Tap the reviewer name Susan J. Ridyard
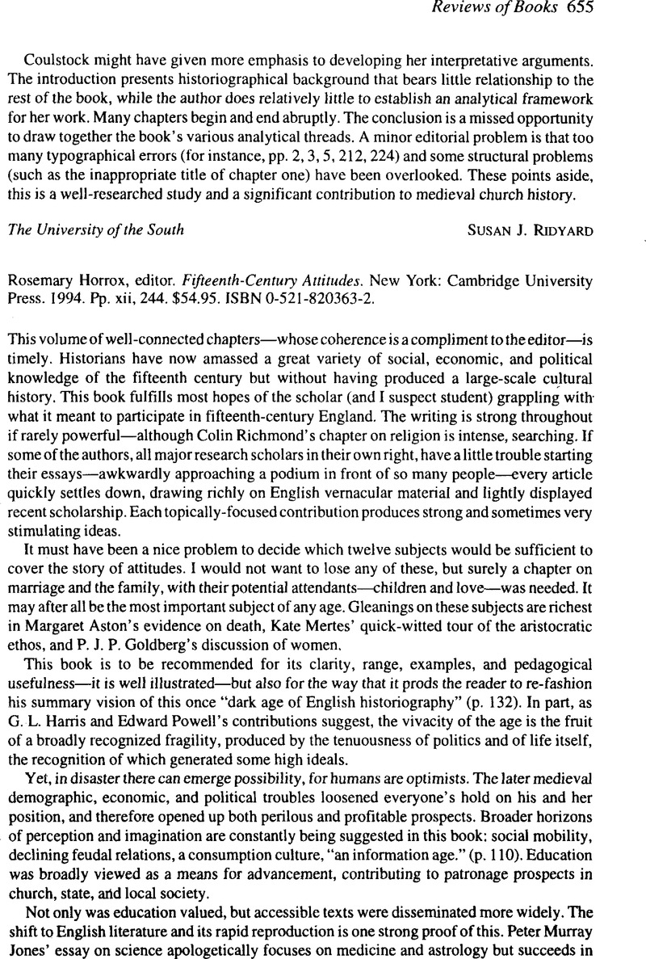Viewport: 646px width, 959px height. [531, 229]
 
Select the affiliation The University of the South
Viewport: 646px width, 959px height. [94, 229]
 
